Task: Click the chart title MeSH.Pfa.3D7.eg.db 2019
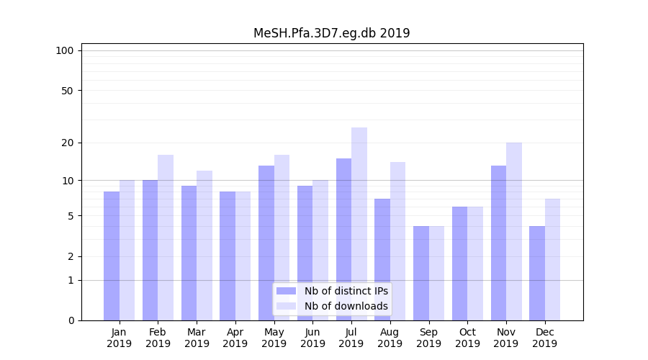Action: coord(331,33)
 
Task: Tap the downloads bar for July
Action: coord(359,224)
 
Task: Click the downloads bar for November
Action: coord(514,231)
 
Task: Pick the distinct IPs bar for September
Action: coord(421,273)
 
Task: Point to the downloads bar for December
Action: coord(552,259)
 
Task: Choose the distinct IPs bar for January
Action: coord(112,256)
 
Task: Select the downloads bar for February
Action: coord(166,238)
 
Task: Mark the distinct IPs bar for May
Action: coord(266,243)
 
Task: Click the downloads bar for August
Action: coord(398,241)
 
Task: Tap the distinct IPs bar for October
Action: coord(460,264)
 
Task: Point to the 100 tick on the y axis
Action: coord(65,50)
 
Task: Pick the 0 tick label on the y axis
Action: coord(71,320)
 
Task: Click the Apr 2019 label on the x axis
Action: coord(235,338)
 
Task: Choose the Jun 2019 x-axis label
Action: coord(312,338)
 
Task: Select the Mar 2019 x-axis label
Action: coord(197,338)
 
